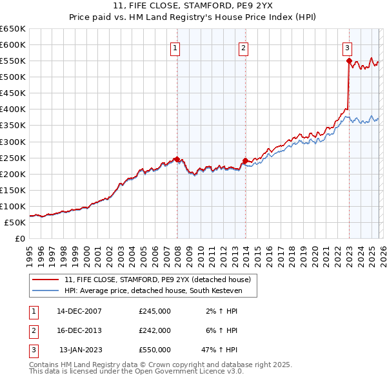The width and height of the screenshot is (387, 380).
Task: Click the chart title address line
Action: tap(193, 7)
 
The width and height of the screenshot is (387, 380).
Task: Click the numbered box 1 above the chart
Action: tap(175, 47)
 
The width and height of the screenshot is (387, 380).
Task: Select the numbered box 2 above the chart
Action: tap(243, 47)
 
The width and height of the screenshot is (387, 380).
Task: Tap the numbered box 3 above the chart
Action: tap(347, 47)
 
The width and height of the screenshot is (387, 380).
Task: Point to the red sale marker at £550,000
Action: tap(349, 61)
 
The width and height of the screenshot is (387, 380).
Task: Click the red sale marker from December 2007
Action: tap(177, 159)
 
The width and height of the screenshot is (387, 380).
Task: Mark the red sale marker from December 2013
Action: tap(245, 160)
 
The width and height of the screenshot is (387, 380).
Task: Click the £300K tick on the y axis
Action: tap(13, 142)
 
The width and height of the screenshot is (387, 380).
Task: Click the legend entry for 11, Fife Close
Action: tap(161, 280)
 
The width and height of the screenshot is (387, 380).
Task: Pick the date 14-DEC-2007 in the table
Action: tap(79, 311)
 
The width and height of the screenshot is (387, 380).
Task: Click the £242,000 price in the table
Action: tap(155, 330)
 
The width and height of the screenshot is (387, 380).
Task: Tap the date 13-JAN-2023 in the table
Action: tap(79, 350)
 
